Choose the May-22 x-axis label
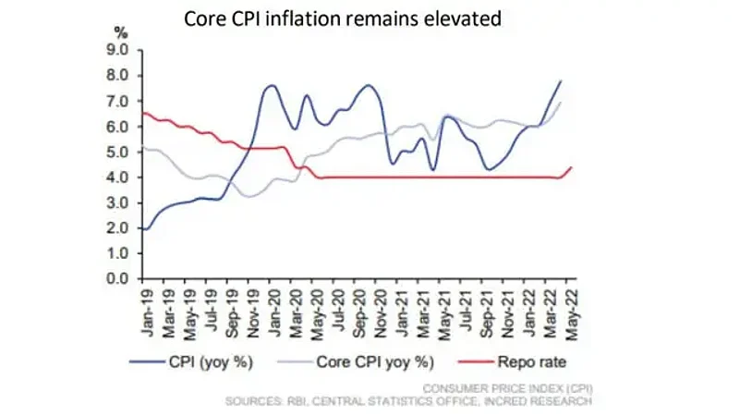572,309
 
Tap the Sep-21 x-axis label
486,309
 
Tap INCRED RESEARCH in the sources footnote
544,402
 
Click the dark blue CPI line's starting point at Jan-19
143,228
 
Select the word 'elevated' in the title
465,18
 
